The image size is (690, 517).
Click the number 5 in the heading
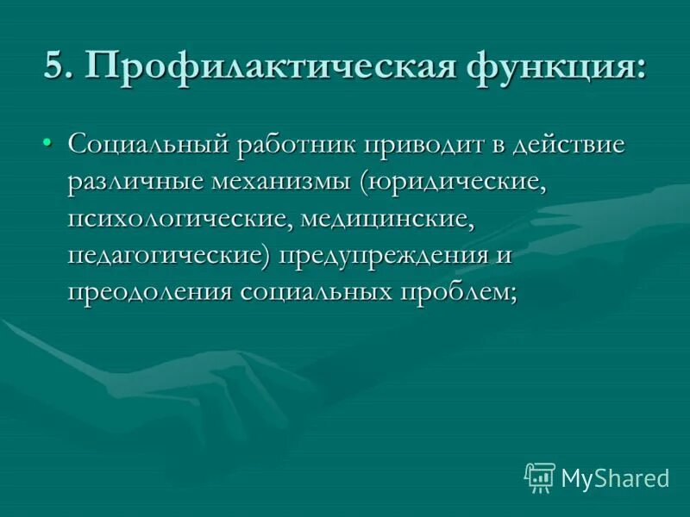click(55, 67)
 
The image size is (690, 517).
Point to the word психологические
click(180, 219)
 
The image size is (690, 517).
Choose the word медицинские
click(389, 219)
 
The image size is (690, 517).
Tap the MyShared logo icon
click(539, 477)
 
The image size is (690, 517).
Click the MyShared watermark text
click(615, 477)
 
